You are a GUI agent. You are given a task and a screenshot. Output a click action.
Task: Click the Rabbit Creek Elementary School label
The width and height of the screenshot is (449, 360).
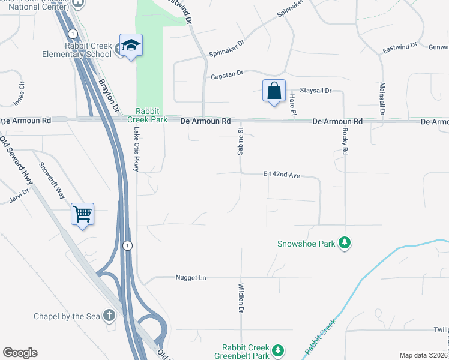click(x=88, y=49)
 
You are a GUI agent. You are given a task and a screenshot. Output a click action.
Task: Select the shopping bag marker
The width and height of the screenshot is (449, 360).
click(x=274, y=91)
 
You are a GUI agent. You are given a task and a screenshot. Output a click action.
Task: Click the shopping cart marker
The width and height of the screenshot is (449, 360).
click(x=82, y=214)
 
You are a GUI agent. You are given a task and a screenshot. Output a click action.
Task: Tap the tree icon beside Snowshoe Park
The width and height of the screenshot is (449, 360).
click(x=345, y=242)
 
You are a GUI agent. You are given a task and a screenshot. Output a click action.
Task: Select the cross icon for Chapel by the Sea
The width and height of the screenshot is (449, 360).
click(x=109, y=314)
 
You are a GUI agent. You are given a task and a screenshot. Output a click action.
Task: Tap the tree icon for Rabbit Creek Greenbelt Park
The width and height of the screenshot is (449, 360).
click(x=277, y=350)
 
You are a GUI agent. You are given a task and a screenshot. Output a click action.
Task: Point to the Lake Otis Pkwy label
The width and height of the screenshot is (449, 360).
click(x=137, y=149)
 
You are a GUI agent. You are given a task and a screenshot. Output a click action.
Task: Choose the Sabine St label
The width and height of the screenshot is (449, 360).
click(x=241, y=142)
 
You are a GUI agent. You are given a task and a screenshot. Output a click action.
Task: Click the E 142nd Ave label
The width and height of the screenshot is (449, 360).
click(x=281, y=175)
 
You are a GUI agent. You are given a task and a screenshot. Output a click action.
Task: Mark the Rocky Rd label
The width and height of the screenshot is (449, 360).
click(x=345, y=142)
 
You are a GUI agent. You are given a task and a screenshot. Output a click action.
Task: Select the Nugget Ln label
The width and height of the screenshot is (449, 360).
click(x=191, y=278)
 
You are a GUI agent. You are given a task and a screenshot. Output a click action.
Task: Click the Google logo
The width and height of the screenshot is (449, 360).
click(x=20, y=353)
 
